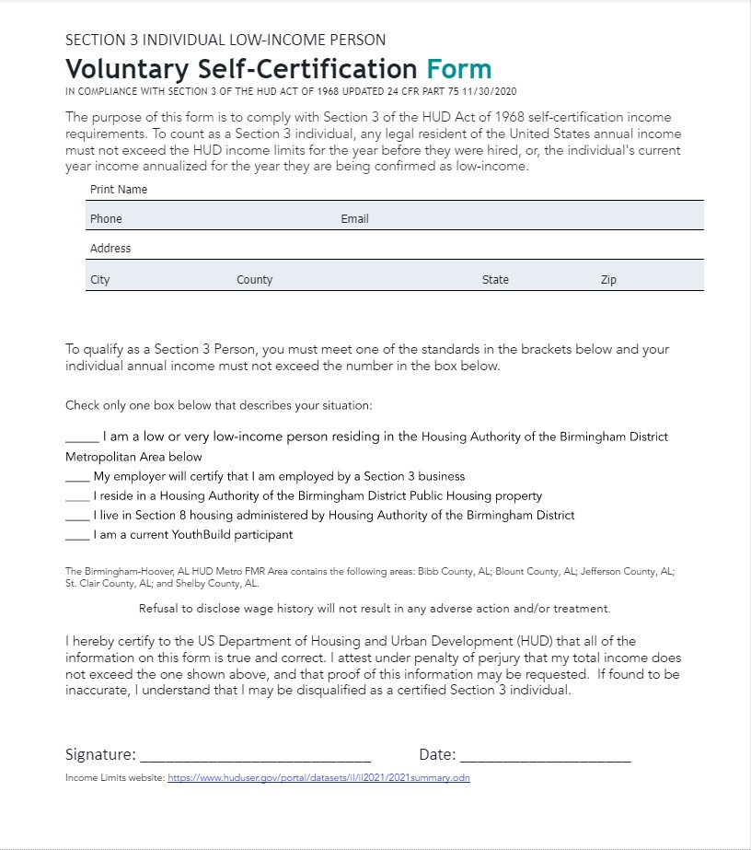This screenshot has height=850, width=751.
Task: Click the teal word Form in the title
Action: [458, 69]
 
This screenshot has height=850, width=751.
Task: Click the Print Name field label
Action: [119, 190]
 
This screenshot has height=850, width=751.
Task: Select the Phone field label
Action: [106, 219]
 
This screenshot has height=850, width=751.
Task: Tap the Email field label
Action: [354, 219]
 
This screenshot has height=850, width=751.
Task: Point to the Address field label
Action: [110, 249]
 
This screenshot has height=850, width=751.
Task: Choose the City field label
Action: [100, 280]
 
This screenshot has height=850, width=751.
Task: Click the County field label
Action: [254, 280]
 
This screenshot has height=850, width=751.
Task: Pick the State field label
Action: [495, 280]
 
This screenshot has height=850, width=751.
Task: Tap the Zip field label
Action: [608, 280]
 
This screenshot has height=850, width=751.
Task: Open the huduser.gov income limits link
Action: [318, 778]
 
